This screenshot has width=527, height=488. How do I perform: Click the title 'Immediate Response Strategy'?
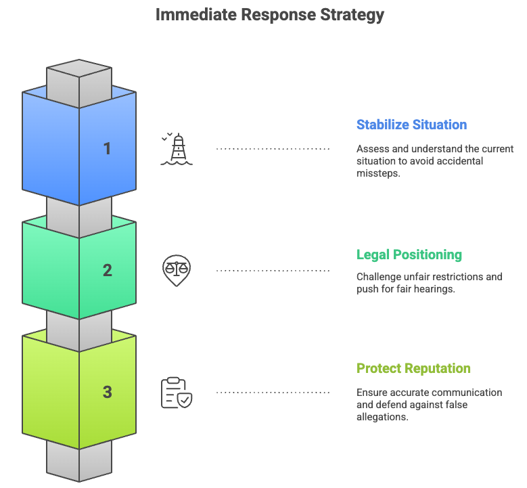tap(269, 15)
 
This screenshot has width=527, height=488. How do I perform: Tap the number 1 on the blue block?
tap(107, 148)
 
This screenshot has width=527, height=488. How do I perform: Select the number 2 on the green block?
tap(107, 271)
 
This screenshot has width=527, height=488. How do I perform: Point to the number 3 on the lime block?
tap(107, 392)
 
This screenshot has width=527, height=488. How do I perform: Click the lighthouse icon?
tap(177, 149)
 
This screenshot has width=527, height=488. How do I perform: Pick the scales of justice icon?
tap(177, 270)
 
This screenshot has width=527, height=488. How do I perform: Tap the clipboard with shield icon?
tap(177, 393)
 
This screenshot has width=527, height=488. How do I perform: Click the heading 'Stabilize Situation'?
tap(411, 125)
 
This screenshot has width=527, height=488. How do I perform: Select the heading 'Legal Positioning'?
tap(409, 254)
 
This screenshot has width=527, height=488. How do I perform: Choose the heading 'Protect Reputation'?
tap(413, 368)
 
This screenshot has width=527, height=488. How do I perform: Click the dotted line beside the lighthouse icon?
tap(273, 149)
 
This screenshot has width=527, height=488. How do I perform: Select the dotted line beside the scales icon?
tap(273, 271)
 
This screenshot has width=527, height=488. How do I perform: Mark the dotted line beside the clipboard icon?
tap(273, 393)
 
